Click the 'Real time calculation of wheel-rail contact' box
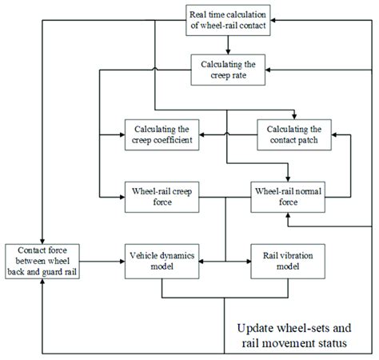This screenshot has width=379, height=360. coord(228,20)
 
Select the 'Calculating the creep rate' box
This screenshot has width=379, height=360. coord(228,70)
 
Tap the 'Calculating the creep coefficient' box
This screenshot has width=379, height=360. coord(162,134)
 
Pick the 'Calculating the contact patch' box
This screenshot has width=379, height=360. coord(294,134)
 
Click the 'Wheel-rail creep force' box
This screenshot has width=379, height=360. coord(162,198)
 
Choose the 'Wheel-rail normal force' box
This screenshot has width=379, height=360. coord(288,198)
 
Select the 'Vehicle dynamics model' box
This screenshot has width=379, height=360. coord(162,262)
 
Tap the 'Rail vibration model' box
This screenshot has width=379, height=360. coord(288,262)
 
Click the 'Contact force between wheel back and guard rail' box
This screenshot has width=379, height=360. coord(42,262)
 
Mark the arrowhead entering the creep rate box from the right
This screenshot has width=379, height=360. coord(268,70)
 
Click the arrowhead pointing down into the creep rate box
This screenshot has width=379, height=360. coord(228,52)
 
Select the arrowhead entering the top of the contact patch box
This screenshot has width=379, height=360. coord(294,117)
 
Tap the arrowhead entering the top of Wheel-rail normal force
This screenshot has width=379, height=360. coord(288,179)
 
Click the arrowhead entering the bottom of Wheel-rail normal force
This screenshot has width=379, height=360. coord(288,215)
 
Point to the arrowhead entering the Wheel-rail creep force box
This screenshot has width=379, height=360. coord(122,198)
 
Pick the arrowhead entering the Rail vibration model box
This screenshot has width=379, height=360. coord(248,262)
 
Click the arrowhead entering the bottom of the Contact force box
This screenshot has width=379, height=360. coord(42,282)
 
